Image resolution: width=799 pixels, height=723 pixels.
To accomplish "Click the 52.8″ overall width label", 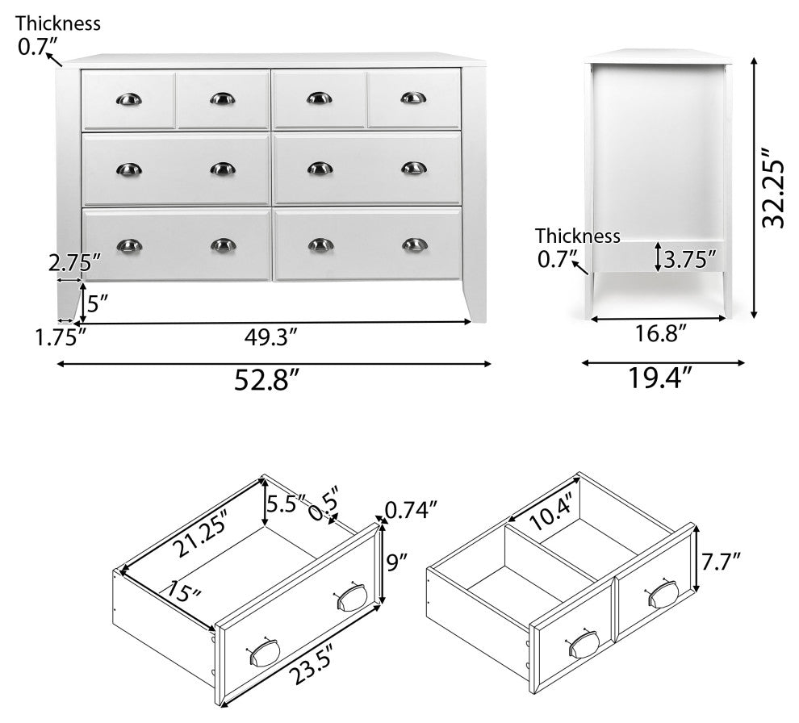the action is pyautogui.click(x=266, y=380).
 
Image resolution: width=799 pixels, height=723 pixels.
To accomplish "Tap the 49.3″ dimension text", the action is pyautogui.click(x=270, y=337).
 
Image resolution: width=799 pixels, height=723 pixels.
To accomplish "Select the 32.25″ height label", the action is pyautogui.click(x=772, y=187).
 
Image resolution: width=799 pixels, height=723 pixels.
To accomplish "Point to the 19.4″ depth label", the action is pyautogui.click(x=660, y=378).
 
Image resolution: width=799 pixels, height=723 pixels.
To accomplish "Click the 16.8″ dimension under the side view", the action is pyautogui.click(x=661, y=334).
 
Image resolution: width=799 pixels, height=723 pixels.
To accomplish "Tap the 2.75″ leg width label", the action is pyautogui.click(x=75, y=263).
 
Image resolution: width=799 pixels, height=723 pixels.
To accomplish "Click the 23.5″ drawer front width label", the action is pyautogui.click(x=312, y=664).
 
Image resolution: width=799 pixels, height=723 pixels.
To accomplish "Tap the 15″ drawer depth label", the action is pyautogui.click(x=186, y=591).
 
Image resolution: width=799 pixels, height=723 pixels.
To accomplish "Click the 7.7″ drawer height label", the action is pyautogui.click(x=721, y=562).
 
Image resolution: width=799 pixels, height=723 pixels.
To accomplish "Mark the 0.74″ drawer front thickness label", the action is pyautogui.click(x=412, y=509).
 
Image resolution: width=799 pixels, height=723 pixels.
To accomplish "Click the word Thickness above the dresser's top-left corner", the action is pyautogui.click(x=57, y=23).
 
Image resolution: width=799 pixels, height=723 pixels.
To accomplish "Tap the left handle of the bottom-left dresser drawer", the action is pyautogui.click(x=129, y=245).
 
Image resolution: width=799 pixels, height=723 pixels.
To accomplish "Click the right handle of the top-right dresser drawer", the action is pyautogui.click(x=413, y=98).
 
